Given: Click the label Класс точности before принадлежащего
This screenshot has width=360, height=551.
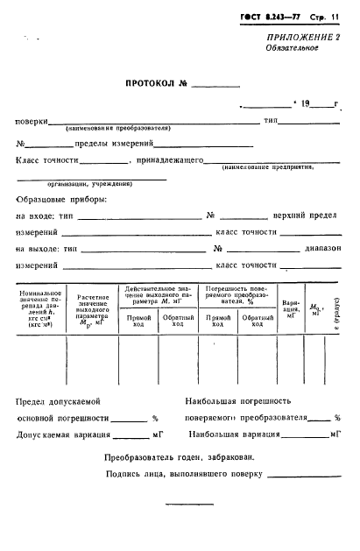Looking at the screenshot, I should [x=47, y=160].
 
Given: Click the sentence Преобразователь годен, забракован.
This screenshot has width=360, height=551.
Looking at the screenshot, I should [x=180, y=456].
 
